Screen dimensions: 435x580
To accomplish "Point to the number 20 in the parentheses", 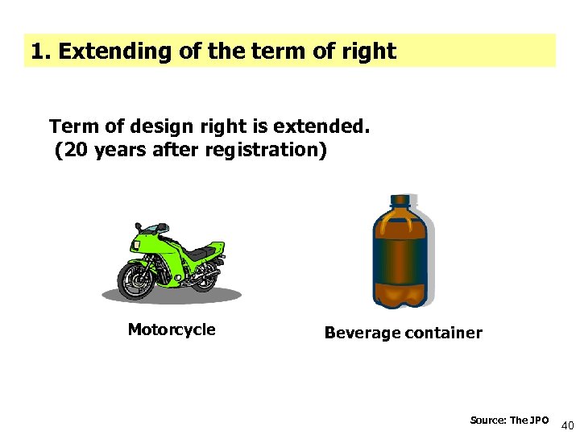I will (x=72, y=151).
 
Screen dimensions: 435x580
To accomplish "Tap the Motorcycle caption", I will (x=172, y=329).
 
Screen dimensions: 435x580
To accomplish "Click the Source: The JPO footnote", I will (x=509, y=420).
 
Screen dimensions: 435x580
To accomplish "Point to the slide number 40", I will (x=567, y=425).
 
